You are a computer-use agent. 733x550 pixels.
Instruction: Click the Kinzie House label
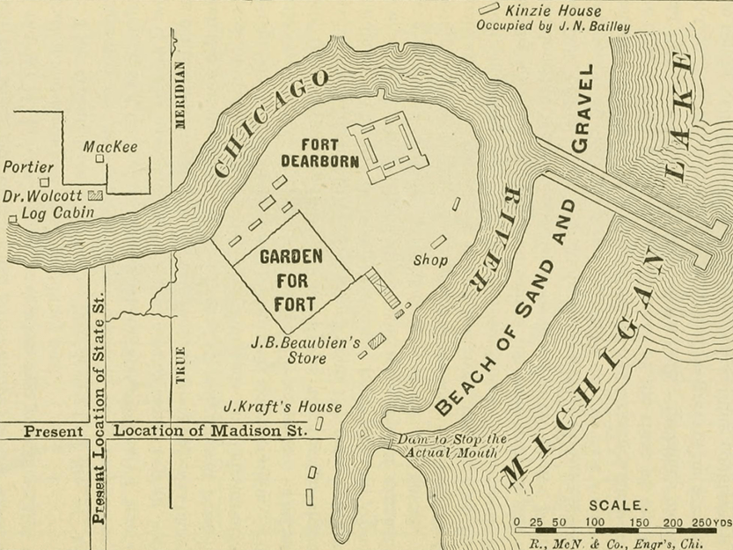(553, 11)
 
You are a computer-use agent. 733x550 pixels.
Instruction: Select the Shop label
(430, 260)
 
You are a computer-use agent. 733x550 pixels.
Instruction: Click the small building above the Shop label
(437, 241)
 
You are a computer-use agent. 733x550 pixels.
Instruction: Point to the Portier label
(28, 167)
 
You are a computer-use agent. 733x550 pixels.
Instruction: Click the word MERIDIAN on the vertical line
(180, 95)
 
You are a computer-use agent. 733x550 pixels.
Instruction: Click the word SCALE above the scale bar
(618, 507)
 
